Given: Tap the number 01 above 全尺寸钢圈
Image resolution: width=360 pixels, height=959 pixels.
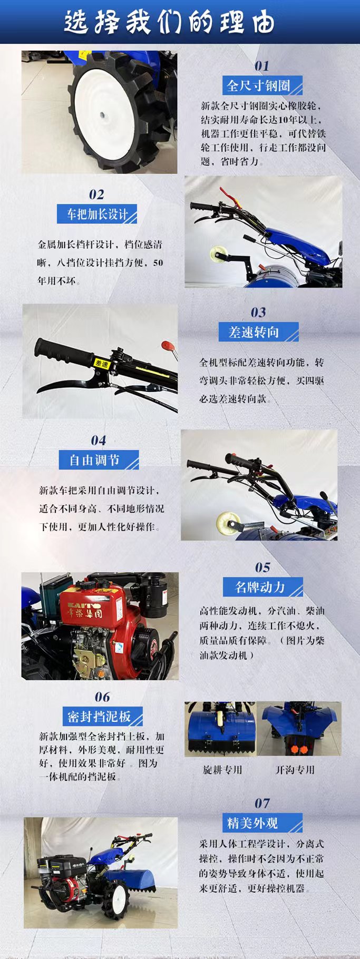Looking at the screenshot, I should [x=261, y=66].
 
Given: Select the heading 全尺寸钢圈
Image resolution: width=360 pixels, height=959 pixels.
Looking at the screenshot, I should [x=259, y=85].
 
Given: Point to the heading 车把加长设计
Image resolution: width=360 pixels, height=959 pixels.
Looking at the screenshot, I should [x=97, y=214].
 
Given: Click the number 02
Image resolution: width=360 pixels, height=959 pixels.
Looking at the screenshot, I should [x=96, y=194].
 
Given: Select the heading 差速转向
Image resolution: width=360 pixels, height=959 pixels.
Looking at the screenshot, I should [x=254, y=332].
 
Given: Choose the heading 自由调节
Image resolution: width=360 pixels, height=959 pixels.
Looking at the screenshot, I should [x=95, y=460].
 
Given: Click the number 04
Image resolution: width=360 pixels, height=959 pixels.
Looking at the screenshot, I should [x=98, y=441].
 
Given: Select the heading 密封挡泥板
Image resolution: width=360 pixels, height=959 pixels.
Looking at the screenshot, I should [x=99, y=717].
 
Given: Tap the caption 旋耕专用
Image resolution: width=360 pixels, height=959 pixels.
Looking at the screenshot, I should [x=222, y=769].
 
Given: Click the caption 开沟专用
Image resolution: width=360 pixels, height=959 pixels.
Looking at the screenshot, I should [x=295, y=769].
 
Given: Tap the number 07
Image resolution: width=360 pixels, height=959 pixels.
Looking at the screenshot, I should [x=261, y=804].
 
